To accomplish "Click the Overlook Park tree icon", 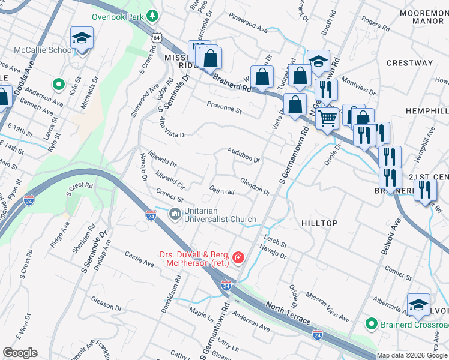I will tap(154, 14).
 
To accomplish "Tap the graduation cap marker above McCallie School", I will tap(81, 39).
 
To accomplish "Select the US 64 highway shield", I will tap(156, 37).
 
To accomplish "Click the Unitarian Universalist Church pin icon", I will tap(175, 214).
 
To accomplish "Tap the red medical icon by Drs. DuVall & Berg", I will tap(238, 258).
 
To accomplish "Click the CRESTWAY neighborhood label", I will tap(409, 63).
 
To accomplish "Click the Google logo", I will tap(20, 353).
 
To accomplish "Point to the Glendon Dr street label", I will tap(255, 185).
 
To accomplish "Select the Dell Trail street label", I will tap(221, 190).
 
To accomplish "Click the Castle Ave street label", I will tap(139, 259).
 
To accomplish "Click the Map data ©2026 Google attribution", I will tap(412, 355).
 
